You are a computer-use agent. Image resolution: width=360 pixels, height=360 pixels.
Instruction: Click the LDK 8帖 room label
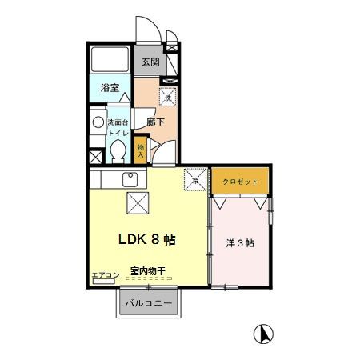147,239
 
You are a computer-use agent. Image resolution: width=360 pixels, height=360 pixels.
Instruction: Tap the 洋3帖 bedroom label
240,243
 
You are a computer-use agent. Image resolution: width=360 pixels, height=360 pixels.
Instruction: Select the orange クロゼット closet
241,182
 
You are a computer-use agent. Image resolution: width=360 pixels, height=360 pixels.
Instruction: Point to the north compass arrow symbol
261,333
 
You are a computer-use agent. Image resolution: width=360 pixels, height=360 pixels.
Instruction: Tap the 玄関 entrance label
151,61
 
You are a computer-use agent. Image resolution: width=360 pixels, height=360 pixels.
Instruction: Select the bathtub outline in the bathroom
110,60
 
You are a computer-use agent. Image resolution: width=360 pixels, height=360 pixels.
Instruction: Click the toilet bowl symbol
118,150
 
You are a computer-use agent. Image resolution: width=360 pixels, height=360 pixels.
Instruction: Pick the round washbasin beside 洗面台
98,123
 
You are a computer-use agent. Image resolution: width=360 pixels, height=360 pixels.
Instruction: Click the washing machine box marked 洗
168,97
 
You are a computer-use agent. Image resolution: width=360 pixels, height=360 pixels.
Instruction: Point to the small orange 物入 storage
141,150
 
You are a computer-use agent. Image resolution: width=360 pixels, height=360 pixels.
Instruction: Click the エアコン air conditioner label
106,275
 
